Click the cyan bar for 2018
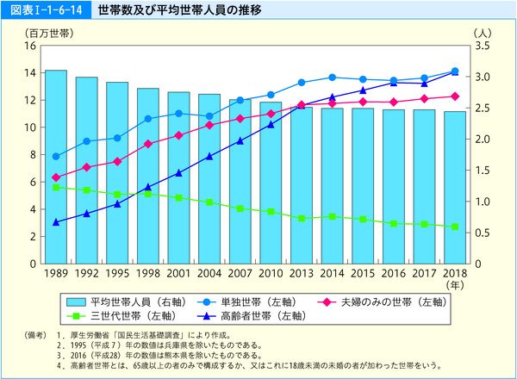(455, 187)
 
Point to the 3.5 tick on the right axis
(482, 45)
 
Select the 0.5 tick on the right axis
(482, 233)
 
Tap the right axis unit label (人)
(482, 32)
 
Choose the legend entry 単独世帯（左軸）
(251, 301)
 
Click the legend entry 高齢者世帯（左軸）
(251, 316)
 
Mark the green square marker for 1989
(56, 187)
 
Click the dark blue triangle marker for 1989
(56, 222)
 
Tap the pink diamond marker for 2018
(455, 96)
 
